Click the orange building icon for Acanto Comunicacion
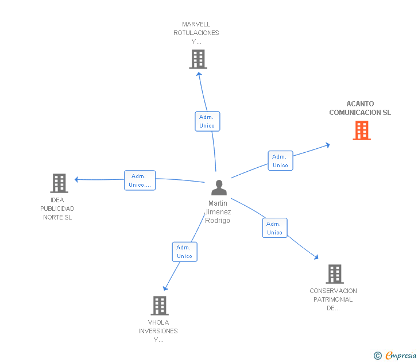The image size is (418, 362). click(x=361, y=130)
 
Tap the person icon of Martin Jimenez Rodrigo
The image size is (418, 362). click(x=219, y=188)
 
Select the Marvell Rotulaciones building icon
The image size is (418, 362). click(x=198, y=59)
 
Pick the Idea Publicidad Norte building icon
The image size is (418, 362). click(x=59, y=183)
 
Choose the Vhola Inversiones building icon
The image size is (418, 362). click(x=159, y=305)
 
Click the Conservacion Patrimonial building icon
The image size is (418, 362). click(x=334, y=274)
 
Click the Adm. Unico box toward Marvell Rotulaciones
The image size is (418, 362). click(x=207, y=121)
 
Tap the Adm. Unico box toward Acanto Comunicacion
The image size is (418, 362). click(x=280, y=160)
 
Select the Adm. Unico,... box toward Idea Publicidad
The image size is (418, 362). click(x=140, y=180)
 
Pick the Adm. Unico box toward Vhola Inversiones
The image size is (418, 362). click(x=184, y=252)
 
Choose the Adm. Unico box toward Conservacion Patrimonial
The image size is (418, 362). click(x=274, y=228)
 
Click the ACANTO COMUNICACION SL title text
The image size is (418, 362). click(x=360, y=109)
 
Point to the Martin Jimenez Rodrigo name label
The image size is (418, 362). click(x=218, y=212)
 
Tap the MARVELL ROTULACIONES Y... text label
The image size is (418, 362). click(x=196, y=33)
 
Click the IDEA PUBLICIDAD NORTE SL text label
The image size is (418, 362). click(x=57, y=209)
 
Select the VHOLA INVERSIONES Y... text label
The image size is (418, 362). click(x=158, y=331)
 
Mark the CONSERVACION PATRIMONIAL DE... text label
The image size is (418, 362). click(x=333, y=299)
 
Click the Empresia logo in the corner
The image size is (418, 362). click(x=396, y=355)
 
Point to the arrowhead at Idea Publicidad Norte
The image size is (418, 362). click(x=76, y=179)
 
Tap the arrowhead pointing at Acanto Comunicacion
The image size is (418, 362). click(x=327, y=145)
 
